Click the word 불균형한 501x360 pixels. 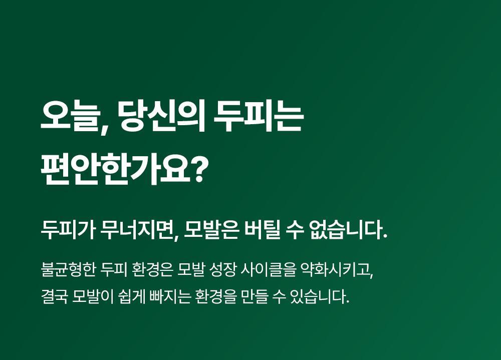coord(68,269)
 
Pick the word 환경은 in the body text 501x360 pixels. coord(152,269)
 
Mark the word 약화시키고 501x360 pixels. coord(337,270)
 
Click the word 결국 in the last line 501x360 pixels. coord(54,297)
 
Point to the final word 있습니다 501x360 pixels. coord(319,297)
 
